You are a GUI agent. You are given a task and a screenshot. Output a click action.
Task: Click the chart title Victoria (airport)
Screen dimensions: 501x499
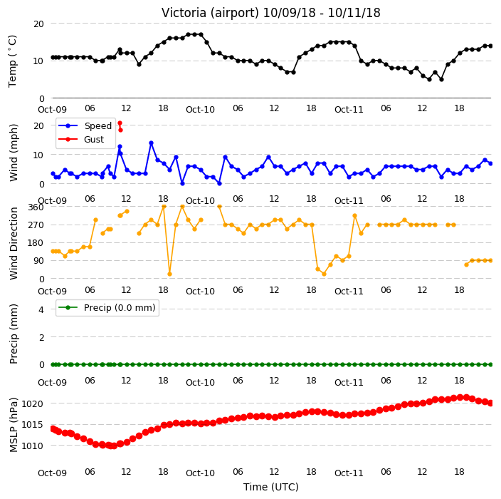pos(211,13)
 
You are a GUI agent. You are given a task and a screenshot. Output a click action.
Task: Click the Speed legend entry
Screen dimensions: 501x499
pos(85,125)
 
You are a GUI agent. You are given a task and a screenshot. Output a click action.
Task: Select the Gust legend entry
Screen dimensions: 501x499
pos(81,140)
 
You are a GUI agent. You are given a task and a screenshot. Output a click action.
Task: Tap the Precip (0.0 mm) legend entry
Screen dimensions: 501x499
pos(107,307)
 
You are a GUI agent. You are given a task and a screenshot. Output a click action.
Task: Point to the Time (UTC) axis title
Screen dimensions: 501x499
pos(271,487)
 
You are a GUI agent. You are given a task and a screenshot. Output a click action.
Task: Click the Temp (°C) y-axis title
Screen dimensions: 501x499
pos(12,61)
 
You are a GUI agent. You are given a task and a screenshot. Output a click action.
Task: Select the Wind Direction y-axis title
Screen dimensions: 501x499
pos(14,244)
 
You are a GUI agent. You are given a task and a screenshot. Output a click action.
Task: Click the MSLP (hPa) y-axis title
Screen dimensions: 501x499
pos(14,425)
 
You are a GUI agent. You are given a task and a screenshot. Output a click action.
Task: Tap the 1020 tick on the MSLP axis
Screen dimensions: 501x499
pos(33,404)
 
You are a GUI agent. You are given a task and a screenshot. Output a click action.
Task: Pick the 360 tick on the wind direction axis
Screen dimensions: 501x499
pos(36,207)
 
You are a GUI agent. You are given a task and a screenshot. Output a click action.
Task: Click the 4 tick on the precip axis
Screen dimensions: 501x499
pos(41,309)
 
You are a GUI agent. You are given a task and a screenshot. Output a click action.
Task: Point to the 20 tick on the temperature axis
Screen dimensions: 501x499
pos(38,24)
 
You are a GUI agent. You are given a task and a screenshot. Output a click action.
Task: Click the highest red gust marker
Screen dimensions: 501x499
pos(120,123)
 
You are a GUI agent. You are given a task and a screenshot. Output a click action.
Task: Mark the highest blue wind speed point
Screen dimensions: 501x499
pos(151,143)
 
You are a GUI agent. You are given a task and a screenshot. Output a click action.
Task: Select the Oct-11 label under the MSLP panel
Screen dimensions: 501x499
pos(349,473)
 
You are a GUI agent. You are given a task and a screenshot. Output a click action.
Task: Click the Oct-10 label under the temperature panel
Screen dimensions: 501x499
pos(201,110)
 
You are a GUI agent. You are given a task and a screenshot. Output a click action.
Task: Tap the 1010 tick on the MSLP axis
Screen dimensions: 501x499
pos(33,446)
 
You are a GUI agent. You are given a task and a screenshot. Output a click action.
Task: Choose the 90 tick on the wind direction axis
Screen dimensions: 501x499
pos(38,261)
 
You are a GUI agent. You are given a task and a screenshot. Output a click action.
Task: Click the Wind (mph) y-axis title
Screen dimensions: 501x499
pos(14,153)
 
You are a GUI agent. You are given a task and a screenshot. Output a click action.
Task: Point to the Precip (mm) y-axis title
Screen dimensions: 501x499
pos(14,334)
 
